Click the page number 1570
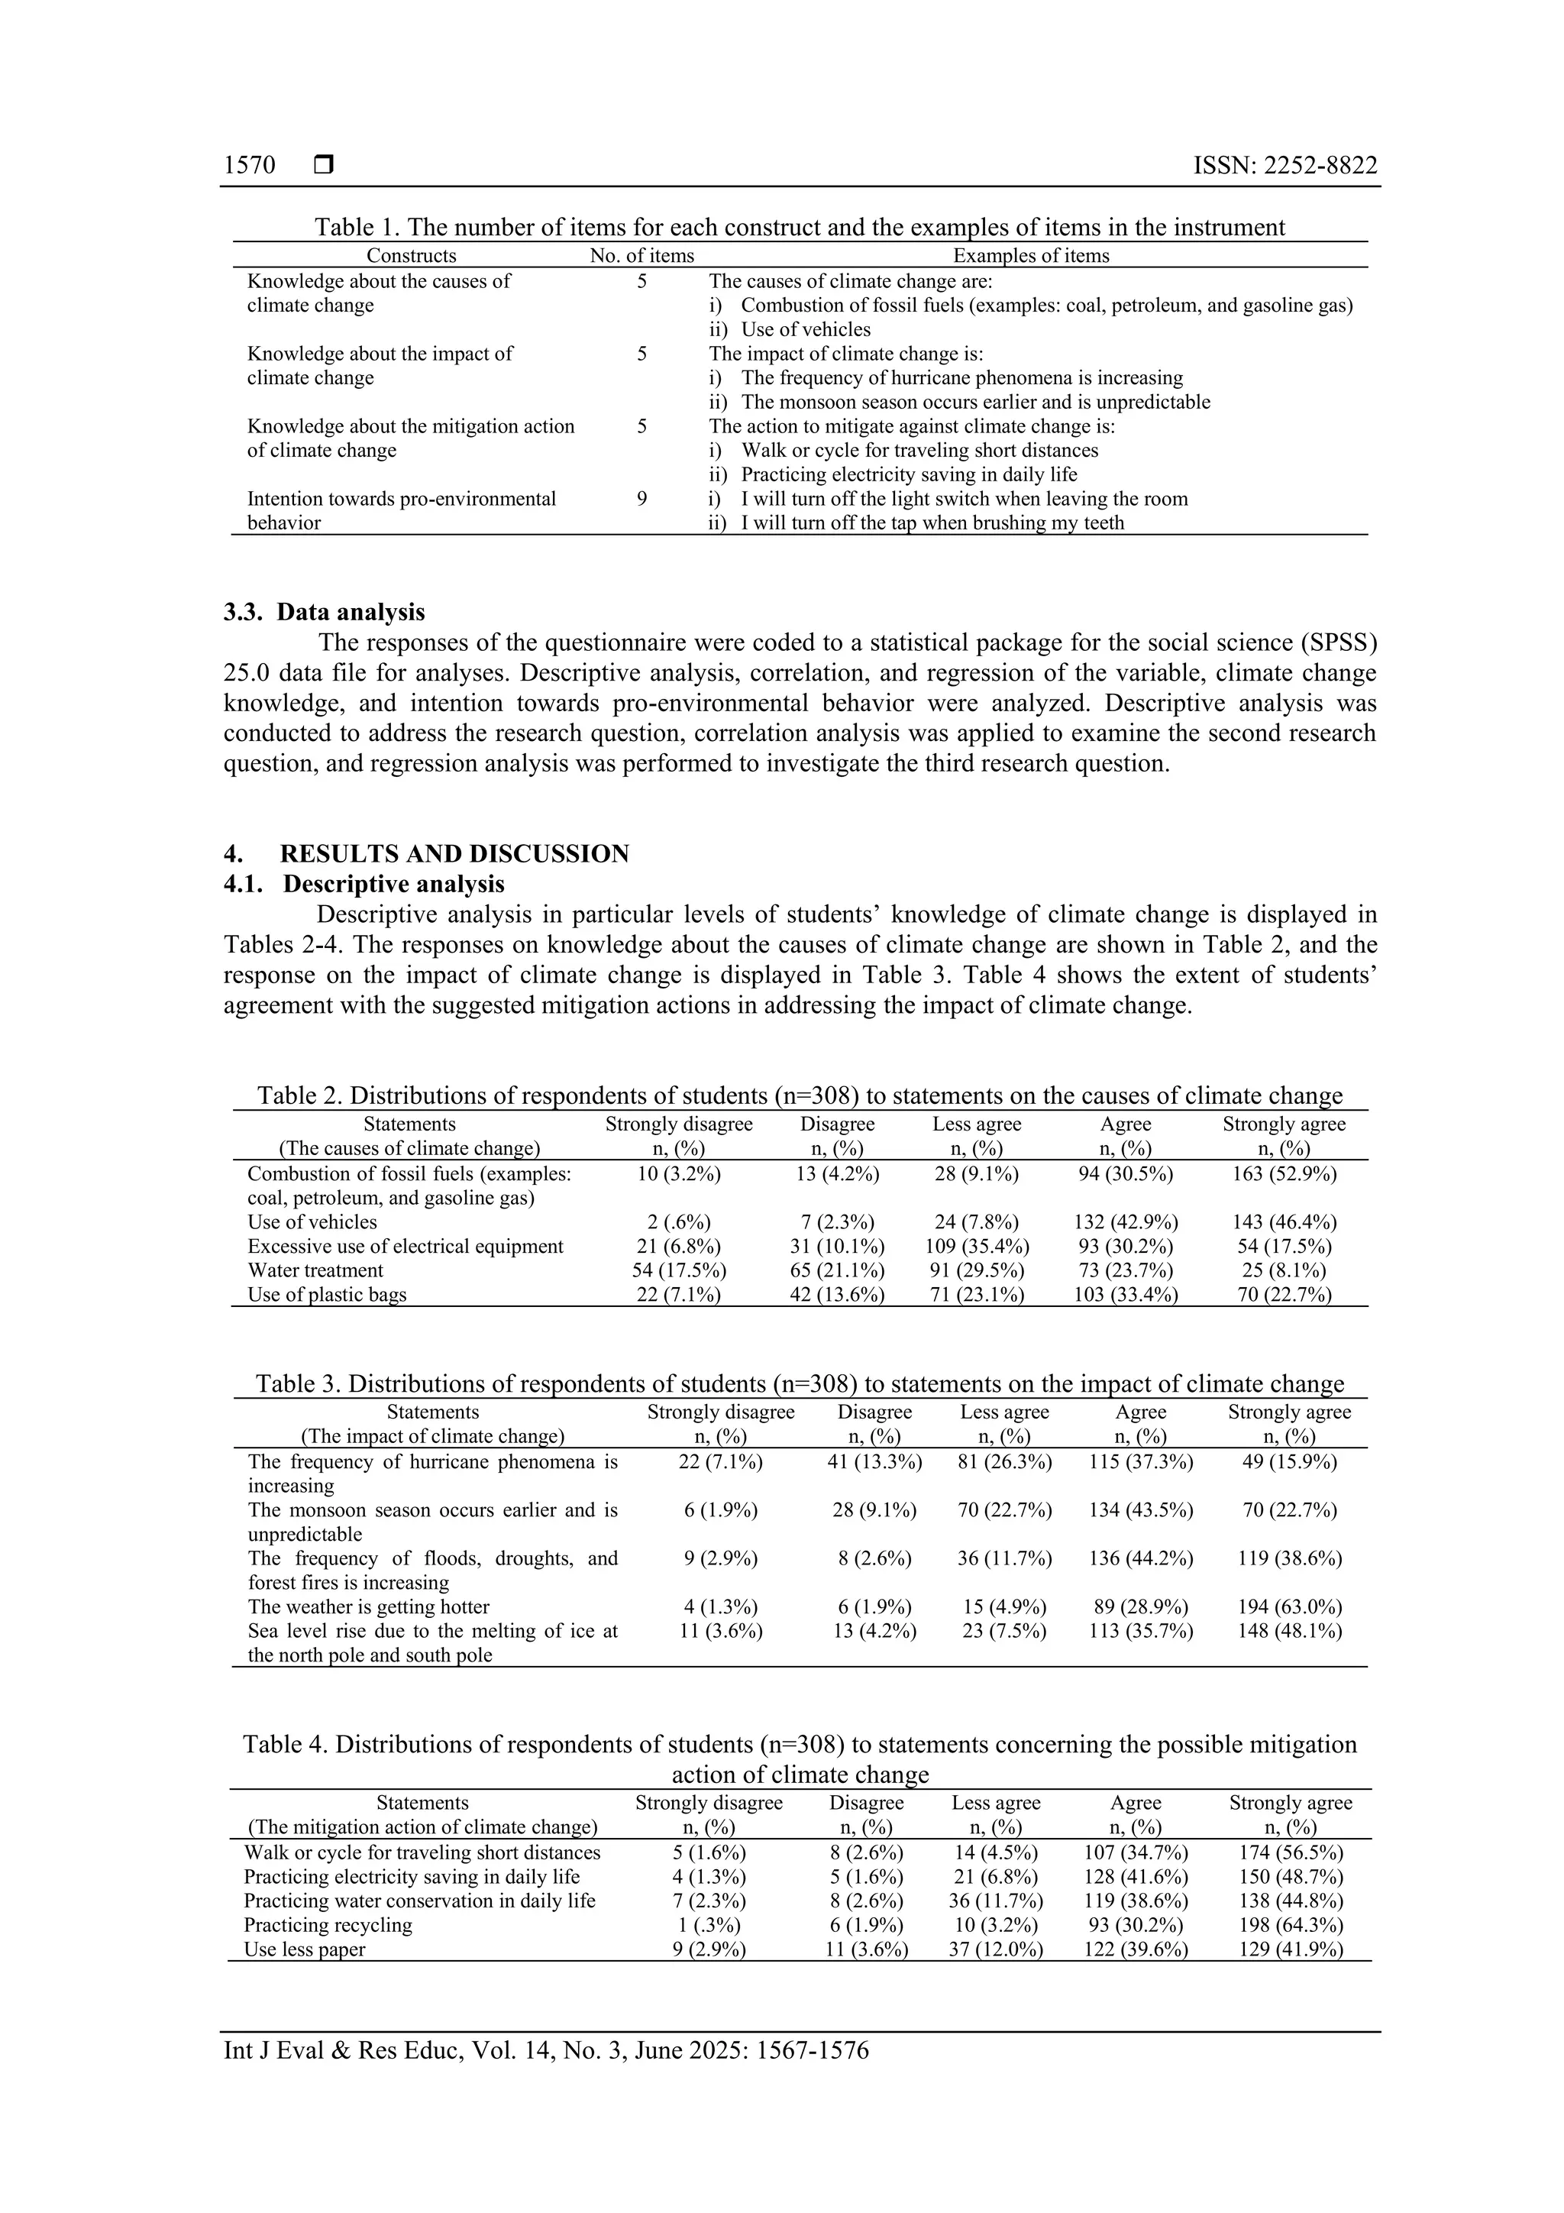(x=250, y=166)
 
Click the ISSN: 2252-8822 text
(x=1284, y=166)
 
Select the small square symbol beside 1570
(x=324, y=166)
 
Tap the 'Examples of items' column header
(x=1030, y=255)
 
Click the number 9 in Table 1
(x=641, y=498)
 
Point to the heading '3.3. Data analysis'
(x=324, y=612)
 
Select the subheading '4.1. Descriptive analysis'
(x=364, y=884)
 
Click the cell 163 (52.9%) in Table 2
(x=1284, y=1174)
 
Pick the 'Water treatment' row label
(x=315, y=1270)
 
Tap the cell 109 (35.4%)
(x=976, y=1246)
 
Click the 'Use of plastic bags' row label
(x=327, y=1295)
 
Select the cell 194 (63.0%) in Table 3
(x=1289, y=1606)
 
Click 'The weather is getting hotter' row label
(x=368, y=1606)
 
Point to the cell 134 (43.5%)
(x=1140, y=1510)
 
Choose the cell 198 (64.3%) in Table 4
(x=1291, y=1925)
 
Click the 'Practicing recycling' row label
(x=328, y=1925)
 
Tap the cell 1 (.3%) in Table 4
(x=708, y=1925)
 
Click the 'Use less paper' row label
(x=305, y=1949)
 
